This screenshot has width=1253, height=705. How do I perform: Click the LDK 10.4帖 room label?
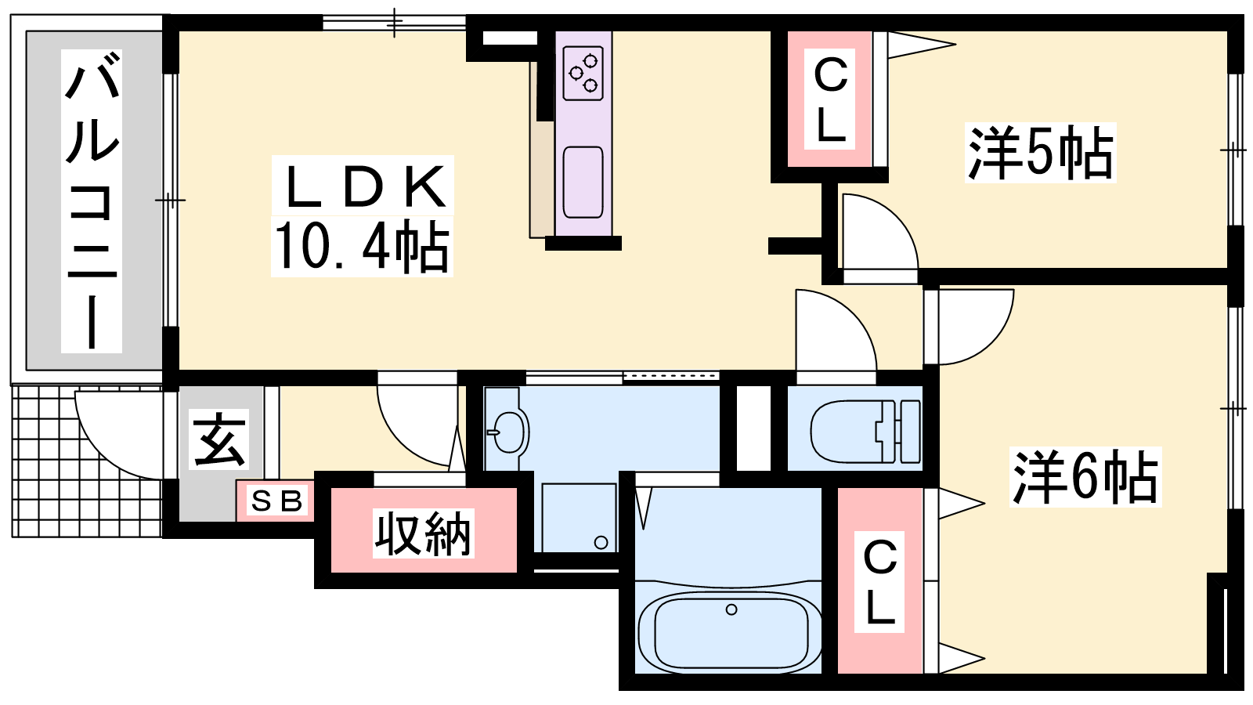click(362, 216)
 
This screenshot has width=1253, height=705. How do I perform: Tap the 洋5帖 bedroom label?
click(1040, 153)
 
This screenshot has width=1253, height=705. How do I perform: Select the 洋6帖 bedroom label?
click(1085, 477)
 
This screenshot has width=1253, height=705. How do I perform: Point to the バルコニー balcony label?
click(92, 201)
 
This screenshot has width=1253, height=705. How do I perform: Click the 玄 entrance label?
click(218, 439)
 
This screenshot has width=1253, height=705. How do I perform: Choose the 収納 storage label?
click(424, 533)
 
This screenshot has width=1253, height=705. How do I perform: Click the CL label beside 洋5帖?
click(829, 99)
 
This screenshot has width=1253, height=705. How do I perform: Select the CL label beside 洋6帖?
click(879, 582)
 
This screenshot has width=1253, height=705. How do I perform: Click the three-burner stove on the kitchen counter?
click(583, 74)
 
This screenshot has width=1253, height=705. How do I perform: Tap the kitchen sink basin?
click(583, 183)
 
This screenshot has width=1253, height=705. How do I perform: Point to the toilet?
click(865, 432)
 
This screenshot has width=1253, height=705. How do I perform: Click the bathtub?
click(729, 631)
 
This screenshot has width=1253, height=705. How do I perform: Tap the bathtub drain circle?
click(731, 609)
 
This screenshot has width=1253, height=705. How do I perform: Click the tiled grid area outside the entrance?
click(87, 461)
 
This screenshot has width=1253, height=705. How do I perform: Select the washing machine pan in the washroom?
click(580, 518)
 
